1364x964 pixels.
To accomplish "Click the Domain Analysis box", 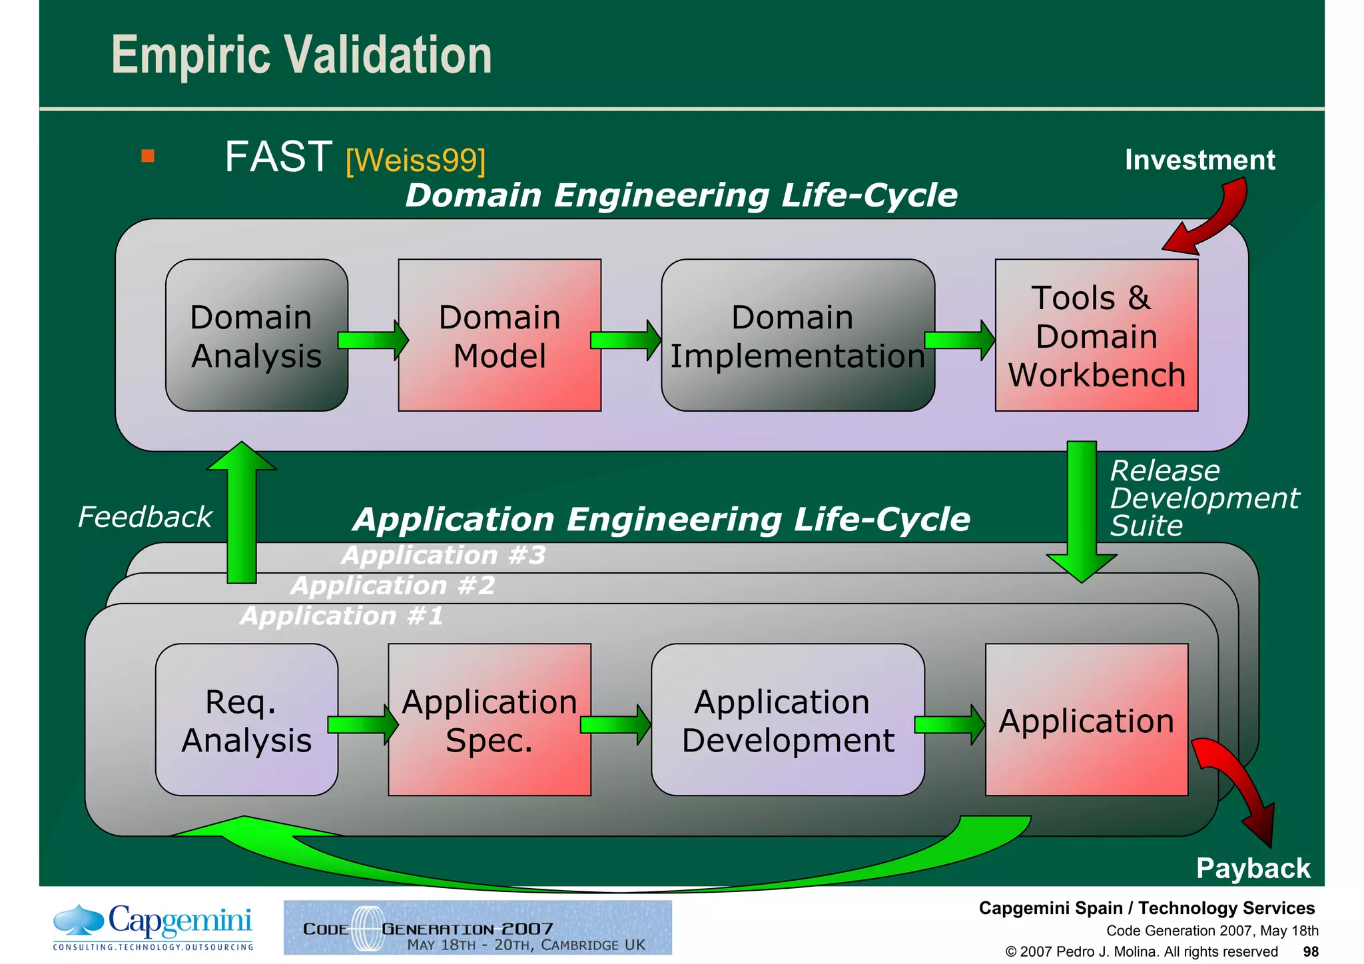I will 256,335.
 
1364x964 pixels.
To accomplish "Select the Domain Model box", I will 500,335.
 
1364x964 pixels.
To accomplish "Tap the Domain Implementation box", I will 797,335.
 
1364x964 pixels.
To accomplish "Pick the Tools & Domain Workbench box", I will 1096,335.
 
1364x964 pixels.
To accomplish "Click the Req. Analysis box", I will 246,720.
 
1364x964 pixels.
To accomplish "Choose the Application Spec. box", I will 490,720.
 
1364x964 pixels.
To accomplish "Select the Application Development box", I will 788,720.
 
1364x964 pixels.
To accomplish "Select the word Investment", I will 1199,160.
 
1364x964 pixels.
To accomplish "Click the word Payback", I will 1253,868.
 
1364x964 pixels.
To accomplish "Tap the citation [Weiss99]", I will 416,161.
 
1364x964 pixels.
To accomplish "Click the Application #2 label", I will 393,586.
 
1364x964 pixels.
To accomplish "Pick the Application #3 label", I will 444,555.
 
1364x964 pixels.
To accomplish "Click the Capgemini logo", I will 153,926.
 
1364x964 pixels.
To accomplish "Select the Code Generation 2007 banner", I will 478,927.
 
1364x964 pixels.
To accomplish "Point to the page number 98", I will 1310,951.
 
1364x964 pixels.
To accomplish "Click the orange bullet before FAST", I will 148,157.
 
